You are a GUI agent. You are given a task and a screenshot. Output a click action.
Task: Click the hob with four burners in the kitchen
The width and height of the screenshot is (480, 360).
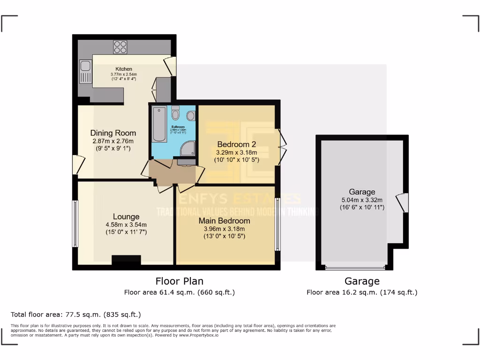click(120, 47)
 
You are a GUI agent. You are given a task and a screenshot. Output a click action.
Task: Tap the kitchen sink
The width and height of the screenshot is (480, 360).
click(85, 71)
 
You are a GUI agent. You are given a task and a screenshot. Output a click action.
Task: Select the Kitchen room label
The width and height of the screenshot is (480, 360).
click(124, 69)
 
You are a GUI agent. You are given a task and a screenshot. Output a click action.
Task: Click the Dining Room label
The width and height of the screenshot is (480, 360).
click(113, 133)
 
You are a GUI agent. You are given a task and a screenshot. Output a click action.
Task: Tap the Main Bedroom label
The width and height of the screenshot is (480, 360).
click(224, 220)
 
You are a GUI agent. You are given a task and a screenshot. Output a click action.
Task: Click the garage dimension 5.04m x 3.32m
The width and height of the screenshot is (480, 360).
click(362, 200)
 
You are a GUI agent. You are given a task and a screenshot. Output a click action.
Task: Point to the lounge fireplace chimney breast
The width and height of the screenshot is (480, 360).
click(126, 261)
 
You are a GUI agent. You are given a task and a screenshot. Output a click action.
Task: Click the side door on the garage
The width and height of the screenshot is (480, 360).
click(402, 203)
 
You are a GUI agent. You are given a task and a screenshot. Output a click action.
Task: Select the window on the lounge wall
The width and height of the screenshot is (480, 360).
click(75, 224)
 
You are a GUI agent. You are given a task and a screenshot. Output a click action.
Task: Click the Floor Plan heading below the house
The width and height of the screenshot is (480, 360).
click(180, 281)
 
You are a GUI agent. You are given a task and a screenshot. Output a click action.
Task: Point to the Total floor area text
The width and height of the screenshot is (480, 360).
click(75, 315)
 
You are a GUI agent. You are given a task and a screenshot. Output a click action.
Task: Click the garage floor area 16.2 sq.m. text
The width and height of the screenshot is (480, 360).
click(362, 292)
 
